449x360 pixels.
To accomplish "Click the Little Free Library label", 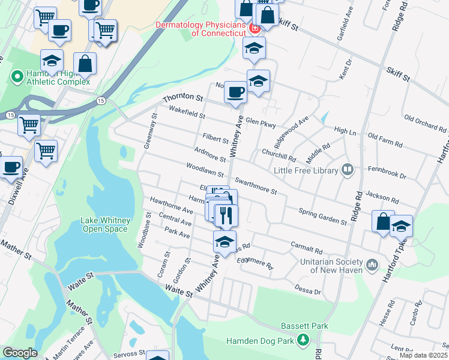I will (x=306, y=171).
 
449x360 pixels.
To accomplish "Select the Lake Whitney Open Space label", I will (x=104, y=224).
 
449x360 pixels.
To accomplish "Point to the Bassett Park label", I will (x=305, y=326).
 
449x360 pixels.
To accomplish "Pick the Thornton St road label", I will (x=183, y=97).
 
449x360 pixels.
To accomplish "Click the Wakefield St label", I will (x=187, y=112).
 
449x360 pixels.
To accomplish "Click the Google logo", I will (x=20, y=353).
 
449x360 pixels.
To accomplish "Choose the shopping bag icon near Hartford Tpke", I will (x=382, y=221).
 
